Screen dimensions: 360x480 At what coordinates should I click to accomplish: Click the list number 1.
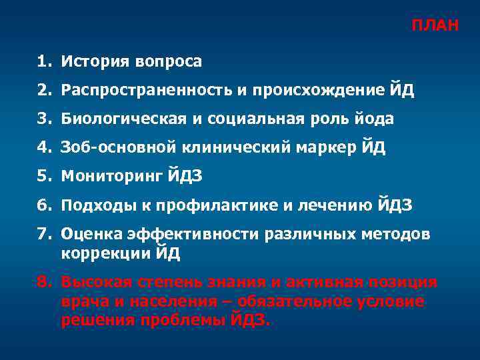coord(43,62)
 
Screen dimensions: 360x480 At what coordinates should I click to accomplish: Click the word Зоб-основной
coord(107,148)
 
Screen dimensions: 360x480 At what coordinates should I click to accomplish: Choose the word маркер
coord(329,148)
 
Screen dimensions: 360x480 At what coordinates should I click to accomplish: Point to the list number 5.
coord(43,177)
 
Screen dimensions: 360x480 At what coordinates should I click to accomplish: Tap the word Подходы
coord(90,205)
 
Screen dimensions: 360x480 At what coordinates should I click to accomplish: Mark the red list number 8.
coord(43,282)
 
